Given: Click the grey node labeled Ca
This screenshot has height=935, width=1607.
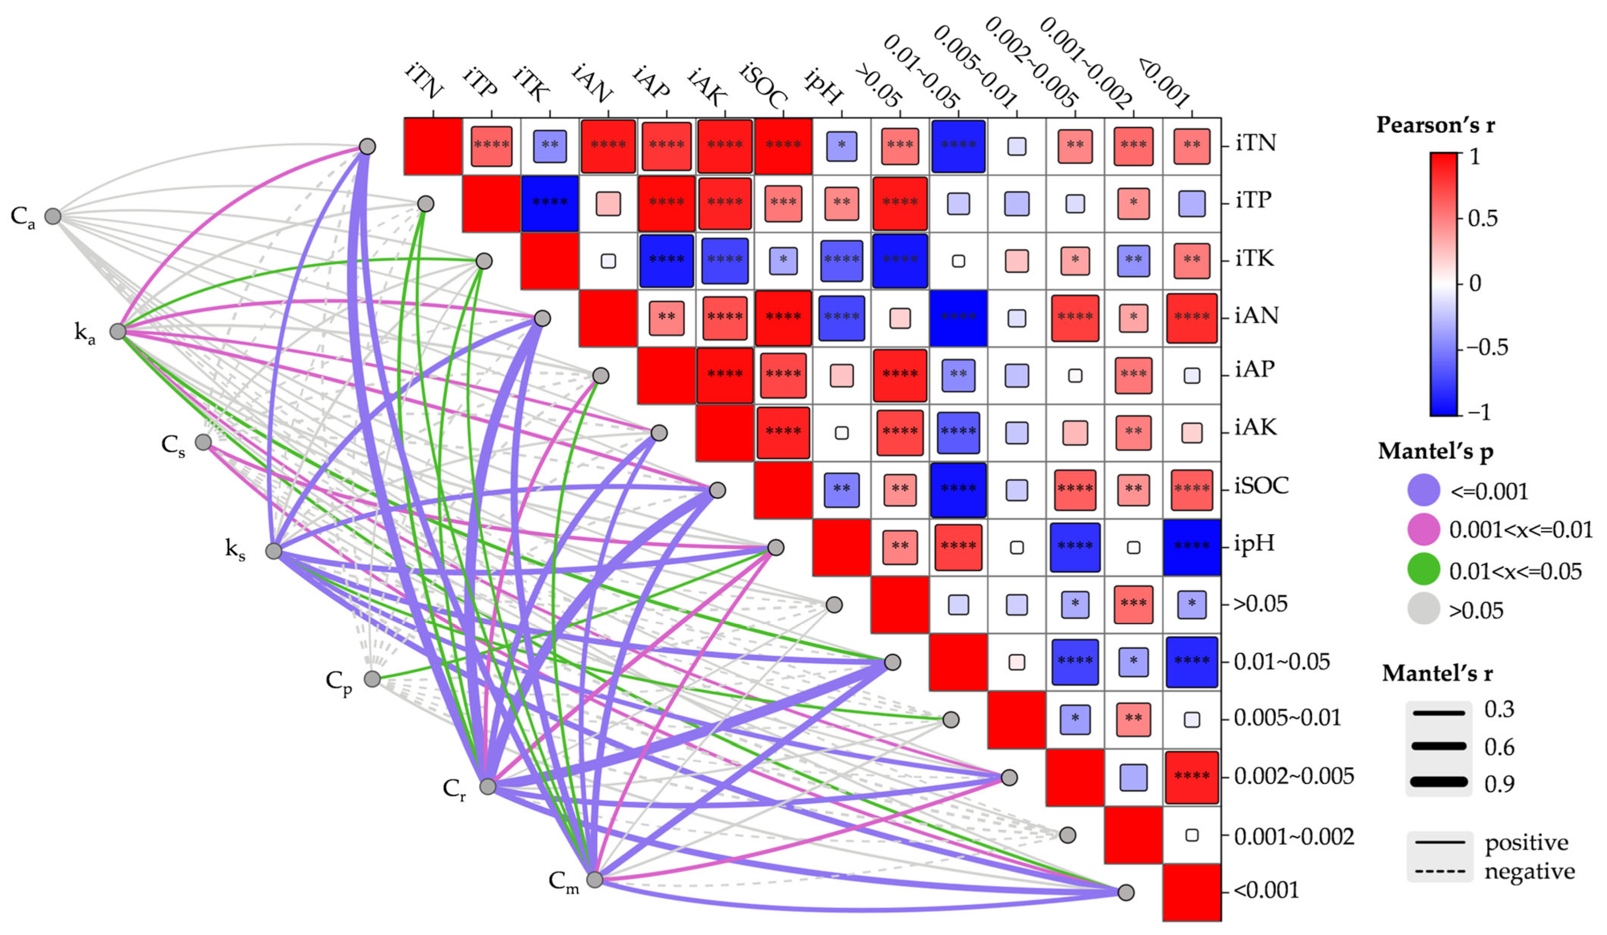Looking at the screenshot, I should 53,216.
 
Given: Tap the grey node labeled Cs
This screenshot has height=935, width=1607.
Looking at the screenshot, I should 204,442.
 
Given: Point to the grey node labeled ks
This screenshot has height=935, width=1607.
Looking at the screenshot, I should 274,551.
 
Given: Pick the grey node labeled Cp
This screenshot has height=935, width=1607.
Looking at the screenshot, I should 373,679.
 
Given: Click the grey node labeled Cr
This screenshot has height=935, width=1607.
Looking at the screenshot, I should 488,786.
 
